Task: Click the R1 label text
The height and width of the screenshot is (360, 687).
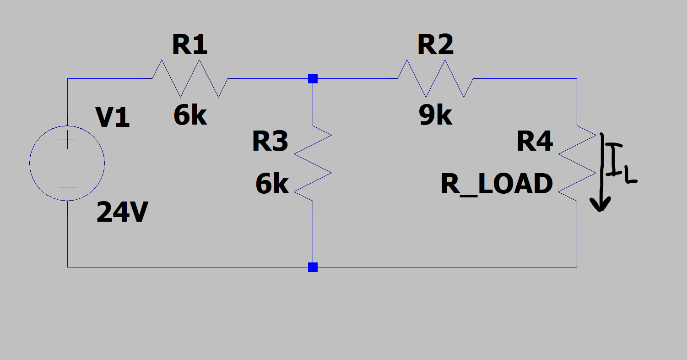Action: [189, 45]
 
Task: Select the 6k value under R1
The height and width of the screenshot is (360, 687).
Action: [190, 115]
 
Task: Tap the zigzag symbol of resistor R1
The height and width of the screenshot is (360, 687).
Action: [190, 78]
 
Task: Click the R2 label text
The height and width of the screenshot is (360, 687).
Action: [435, 45]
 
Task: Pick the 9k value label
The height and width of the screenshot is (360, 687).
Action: [435, 115]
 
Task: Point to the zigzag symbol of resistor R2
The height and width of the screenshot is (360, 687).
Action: [436, 78]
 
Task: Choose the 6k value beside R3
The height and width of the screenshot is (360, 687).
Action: [272, 184]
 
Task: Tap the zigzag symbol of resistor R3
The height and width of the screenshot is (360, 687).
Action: [313, 164]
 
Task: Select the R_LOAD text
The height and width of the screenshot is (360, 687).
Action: [497, 184]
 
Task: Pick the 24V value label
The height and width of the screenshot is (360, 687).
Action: [122, 213]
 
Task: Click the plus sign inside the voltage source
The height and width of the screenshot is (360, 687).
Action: [67, 140]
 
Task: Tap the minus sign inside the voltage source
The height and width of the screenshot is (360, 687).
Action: [67, 187]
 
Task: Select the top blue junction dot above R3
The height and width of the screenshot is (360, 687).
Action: [313, 78]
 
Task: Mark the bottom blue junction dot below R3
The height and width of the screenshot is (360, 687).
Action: [313, 267]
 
